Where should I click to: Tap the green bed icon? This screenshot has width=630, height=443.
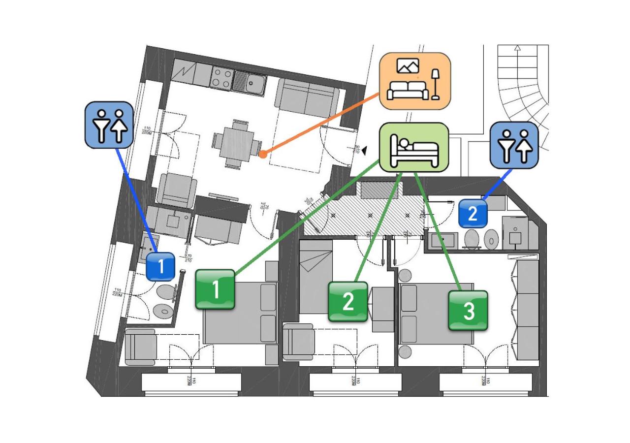414,148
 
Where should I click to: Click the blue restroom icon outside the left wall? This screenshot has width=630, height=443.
109,125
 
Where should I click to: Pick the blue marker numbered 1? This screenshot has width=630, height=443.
160,267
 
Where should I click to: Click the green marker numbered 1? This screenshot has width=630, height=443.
216,289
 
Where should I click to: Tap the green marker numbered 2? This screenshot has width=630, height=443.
348,302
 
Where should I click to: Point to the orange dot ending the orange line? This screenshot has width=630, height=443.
263,155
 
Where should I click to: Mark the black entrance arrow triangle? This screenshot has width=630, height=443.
364,153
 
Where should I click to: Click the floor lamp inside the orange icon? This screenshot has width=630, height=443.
435,84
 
